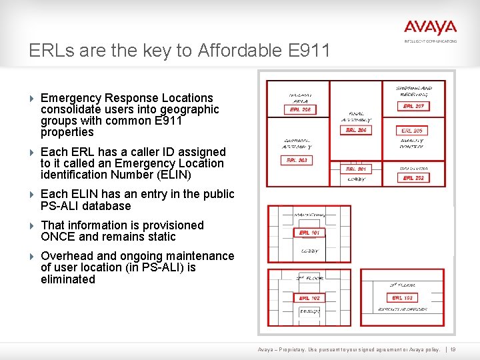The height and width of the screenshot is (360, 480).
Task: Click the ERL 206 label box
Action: [x=300, y=109]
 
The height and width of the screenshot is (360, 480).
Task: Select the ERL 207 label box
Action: [x=413, y=106]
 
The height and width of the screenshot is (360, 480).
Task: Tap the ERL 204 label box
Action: [x=356, y=130]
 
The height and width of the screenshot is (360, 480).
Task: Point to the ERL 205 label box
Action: [x=413, y=131]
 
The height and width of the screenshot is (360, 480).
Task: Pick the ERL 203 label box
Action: [x=297, y=160]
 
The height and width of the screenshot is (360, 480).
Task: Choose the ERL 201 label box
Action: [x=356, y=169]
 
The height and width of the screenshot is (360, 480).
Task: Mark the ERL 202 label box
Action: [x=413, y=178]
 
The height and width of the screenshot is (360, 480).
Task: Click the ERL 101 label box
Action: [x=309, y=233]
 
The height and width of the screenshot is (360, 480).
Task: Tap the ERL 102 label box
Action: [x=309, y=298]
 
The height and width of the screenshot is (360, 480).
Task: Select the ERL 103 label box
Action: [x=402, y=298]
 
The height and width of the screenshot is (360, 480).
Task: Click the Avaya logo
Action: [x=430, y=28]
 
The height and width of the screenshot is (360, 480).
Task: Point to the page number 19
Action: [x=453, y=349]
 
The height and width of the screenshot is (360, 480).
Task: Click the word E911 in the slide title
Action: [x=306, y=51]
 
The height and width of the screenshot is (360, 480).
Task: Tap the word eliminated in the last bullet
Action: [x=68, y=279]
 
